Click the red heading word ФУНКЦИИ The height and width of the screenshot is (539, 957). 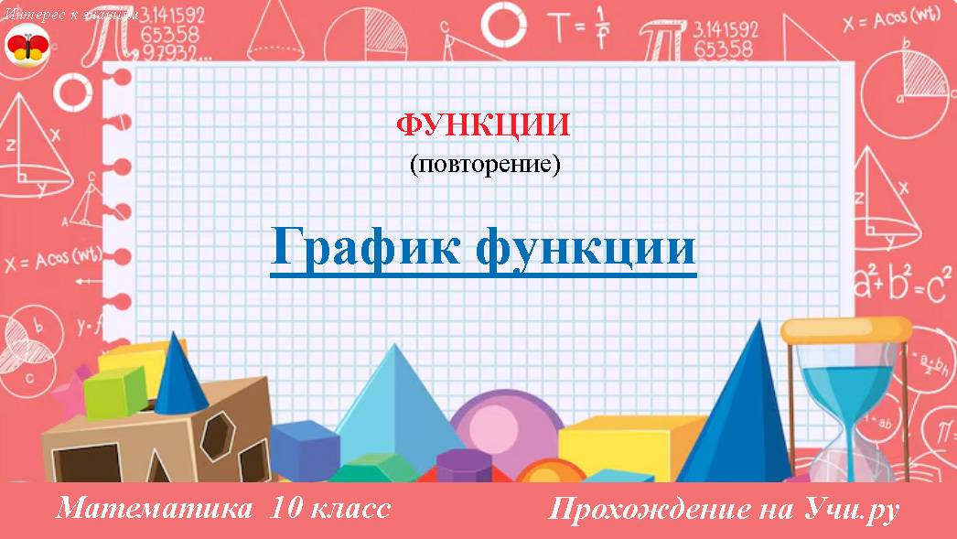click(483, 125)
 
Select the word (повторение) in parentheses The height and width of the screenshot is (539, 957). click(483, 165)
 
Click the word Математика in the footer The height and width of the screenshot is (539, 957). click(154, 508)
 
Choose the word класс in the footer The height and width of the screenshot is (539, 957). click(351, 508)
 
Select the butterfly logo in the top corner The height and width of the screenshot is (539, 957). click(28, 46)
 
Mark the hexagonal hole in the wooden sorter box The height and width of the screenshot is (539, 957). click(217, 432)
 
